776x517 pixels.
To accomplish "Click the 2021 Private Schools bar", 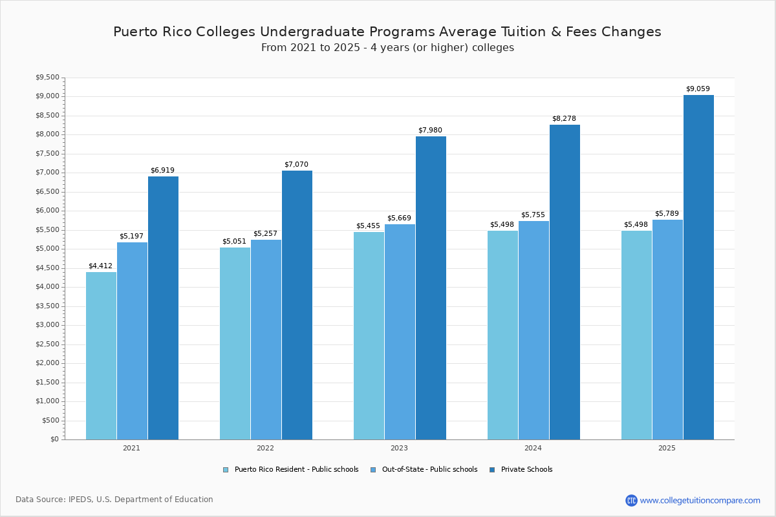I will pyautogui.click(x=163, y=308).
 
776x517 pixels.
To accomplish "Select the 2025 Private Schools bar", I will pyautogui.click(x=698, y=267).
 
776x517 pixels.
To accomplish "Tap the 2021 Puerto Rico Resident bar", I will pyautogui.click(x=101, y=355).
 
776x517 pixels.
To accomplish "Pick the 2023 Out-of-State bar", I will pyautogui.click(x=400, y=332).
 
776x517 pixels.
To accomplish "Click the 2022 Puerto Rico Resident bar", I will pyautogui.click(x=235, y=343).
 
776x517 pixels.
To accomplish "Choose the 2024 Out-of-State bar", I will pyautogui.click(x=533, y=330).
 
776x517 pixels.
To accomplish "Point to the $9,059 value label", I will pyautogui.click(x=698, y=89).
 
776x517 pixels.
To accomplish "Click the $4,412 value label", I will pyautogui.click(x=100, y=266).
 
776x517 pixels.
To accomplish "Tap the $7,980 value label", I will pyautogui.click(x=430, y=131).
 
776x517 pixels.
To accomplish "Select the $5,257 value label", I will pyautogui.click(x=265, y=234).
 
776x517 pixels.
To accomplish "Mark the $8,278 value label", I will pyautogui.click(x=564, y=119).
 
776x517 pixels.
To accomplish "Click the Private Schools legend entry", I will pyautogui.click(x=526, y=470).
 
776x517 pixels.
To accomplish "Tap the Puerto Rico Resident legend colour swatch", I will pyautogui.click(x=226, y=470).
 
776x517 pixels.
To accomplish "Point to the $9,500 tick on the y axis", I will pyautogui.click(x=48, y=78).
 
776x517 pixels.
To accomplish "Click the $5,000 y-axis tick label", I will pyautogui.click(x=48, y=249).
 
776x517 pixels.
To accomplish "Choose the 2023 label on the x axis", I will pyautogui.click(x=399, y=448).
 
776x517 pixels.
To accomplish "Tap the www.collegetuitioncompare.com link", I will pyautogui.click(x=700, y=500).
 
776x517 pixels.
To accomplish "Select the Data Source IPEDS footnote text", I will pyautogui.click(x=114, y=500).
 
